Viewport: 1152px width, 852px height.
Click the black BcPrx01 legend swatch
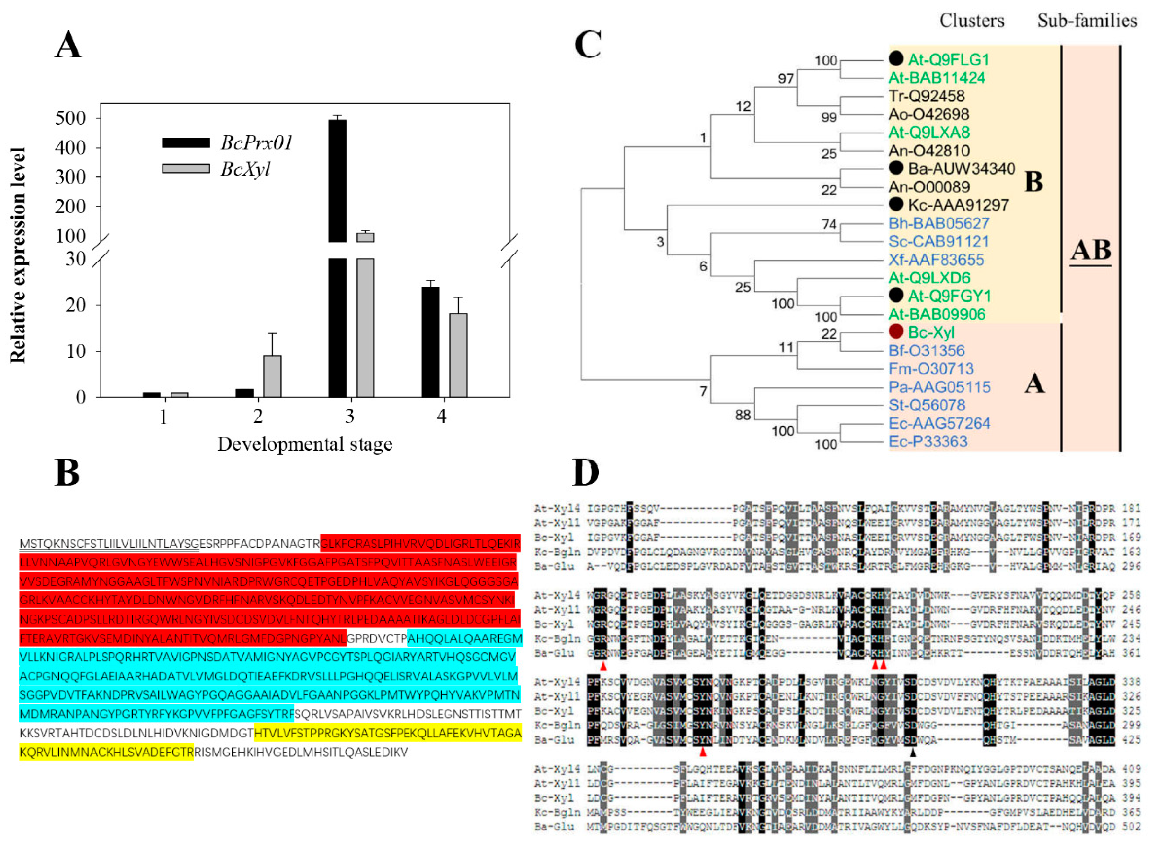186,142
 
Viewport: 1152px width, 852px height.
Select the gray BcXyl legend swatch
186,169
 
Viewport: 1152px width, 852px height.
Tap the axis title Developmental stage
304,444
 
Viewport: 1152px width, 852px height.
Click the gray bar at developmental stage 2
273,376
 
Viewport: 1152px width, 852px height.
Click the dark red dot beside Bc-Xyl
896,331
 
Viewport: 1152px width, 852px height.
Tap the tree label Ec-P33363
928,442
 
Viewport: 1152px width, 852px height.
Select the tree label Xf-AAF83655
936,259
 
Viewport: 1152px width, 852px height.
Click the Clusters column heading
972,20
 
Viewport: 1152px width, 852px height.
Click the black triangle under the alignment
913,753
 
